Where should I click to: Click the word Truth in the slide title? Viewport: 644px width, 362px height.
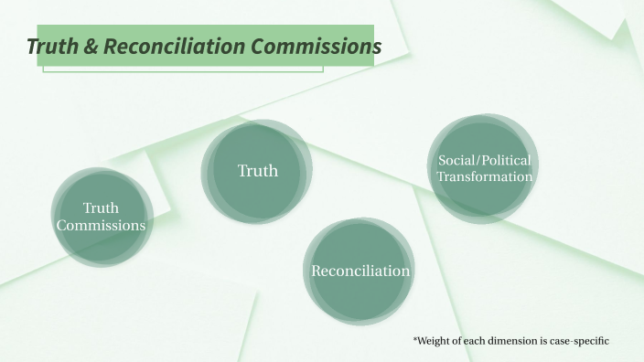tap(53, 47)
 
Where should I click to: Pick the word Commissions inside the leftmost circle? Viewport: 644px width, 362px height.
tap(101, 225)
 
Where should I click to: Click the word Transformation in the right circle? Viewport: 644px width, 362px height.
tap(484, 176)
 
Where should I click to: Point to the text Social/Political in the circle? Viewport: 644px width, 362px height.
tap(484, 160)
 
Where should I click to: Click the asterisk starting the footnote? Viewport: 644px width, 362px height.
tap(415, 340)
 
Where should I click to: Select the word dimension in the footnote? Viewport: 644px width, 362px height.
tap(517, 341)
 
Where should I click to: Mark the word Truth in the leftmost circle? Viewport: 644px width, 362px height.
tap(101, 208)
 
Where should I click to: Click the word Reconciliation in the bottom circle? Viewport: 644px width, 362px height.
tap(360, 271)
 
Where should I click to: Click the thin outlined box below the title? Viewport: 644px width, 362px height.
tap(182, 69)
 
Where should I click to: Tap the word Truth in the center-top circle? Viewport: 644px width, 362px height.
tap(258, 171)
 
